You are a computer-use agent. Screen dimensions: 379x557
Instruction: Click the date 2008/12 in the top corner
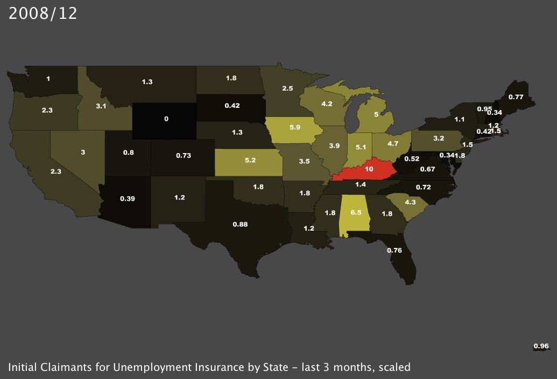[43, 14]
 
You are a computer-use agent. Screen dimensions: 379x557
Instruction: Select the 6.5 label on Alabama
[356, 213]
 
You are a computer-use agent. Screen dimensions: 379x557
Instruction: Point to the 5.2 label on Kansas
[250, 161]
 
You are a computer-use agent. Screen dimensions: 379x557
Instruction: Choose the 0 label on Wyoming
[166, 118]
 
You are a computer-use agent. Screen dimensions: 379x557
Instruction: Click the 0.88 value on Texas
[239, 224]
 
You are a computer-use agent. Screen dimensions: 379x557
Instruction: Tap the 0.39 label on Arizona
[127, 199]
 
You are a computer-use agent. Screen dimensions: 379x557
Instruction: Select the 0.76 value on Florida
[394, 250]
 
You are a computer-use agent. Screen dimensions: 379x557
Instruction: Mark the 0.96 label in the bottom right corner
[541, 346]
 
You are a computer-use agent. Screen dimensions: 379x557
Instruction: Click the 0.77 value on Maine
[516, 97]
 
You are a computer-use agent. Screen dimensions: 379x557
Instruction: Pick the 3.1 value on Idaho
[101, 107]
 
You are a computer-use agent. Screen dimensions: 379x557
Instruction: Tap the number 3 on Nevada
[83, 153]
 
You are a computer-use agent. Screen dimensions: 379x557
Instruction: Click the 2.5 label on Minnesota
[287, 88]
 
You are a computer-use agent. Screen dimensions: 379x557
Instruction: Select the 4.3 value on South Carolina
[410, 202]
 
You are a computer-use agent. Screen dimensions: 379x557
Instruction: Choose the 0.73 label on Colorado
[184, 155]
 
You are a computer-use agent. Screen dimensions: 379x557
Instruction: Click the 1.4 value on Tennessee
[360, 185]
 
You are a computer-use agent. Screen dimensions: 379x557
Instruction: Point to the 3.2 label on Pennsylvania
[438, 138]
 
